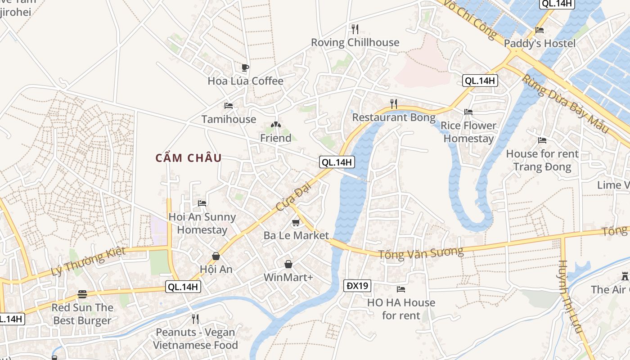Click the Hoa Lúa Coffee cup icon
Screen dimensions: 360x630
point(245,68)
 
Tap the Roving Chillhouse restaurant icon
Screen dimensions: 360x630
point(355,29)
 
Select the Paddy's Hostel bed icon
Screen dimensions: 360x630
point(540,30)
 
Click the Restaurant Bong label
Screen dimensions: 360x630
point(394,117)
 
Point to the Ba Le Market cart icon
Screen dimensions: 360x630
point(296,222)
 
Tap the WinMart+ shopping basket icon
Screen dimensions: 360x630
point(288,264)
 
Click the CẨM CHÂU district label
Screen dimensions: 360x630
point(189,158)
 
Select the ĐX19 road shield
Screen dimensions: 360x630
point(357,285)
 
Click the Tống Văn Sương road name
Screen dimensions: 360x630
point(420,252)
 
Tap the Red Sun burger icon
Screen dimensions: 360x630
point(82,294)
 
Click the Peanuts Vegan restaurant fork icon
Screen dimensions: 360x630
point(195,319)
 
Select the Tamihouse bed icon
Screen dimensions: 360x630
point(229,106)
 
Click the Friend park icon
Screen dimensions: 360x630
point(276,125)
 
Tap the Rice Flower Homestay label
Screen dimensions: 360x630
point(468,132)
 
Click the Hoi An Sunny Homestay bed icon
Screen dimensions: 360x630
point(202,203)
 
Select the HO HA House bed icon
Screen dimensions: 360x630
point(401,289)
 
